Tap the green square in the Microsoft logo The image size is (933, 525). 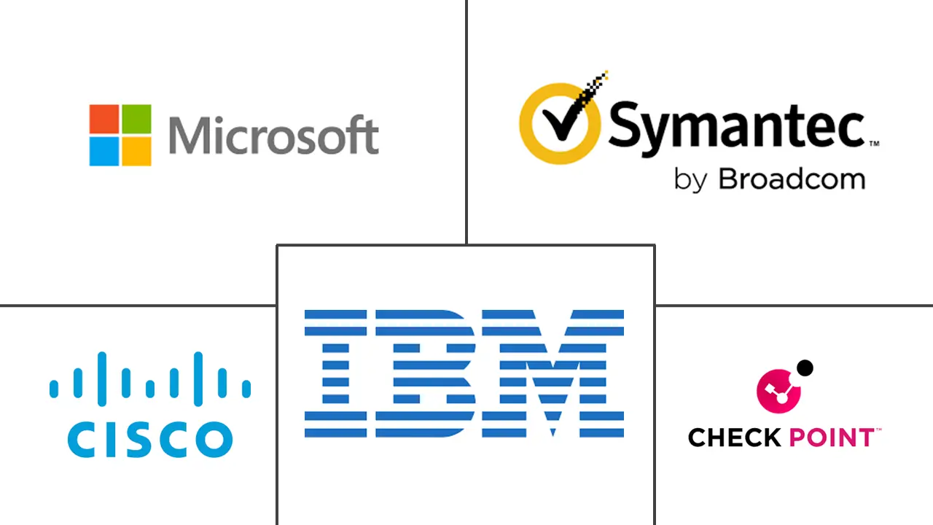point(136,119)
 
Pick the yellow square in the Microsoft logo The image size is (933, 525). point(136,151)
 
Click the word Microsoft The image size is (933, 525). point(273,136)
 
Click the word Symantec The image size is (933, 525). point(735,126)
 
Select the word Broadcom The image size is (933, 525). point(792,179)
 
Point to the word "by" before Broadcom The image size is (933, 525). point(689,180)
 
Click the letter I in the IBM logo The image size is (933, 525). point(335,373)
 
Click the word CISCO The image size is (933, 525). point(149,439)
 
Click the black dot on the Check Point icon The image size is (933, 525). point(804,368)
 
